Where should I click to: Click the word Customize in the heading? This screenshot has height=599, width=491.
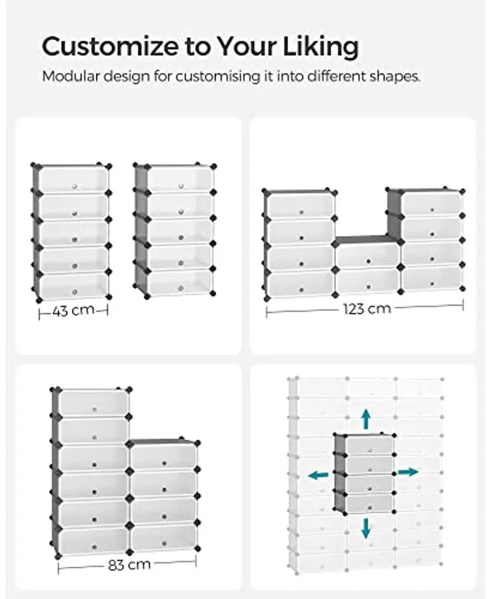[x=110, y=46]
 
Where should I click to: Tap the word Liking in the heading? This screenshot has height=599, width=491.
[x=320, y=47]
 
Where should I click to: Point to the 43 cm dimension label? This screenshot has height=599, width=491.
[x=73, y=311]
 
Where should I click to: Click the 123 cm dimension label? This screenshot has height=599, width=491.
[x=367, y=308]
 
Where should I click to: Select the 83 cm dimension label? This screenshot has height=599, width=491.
[x=130, y=564]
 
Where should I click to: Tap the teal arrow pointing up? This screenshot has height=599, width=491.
[x=366, y=419]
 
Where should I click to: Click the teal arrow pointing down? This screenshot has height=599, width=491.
[x=366, y=528]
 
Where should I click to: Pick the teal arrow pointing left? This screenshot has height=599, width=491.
[x=319, y=475]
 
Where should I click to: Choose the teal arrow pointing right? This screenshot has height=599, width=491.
[x=408, y=472]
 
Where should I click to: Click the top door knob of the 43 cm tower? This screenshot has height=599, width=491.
[x=75, y=186]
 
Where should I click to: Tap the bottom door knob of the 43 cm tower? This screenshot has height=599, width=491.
[x=75, y=292]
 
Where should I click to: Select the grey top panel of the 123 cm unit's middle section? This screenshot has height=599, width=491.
[x=366, y=240]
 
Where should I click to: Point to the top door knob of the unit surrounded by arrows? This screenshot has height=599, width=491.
[x=370, y=451]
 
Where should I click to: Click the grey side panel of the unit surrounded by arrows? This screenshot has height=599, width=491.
[x=340, y=472]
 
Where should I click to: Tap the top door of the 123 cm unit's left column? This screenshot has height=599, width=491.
[x=301, y=206]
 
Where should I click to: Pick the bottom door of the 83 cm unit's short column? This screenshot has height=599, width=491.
[x=164, y=537]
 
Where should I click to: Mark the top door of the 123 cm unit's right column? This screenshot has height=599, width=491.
[x=432, y=204]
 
